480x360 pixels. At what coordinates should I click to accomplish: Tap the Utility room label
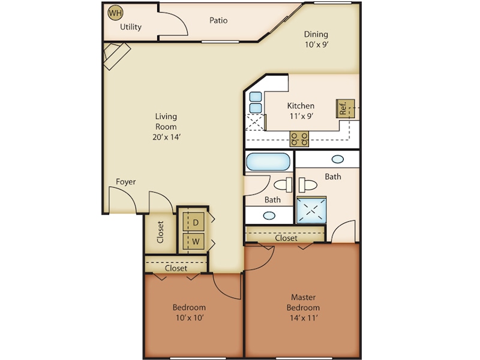(x=130, y=27)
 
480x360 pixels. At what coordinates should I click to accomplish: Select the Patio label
(x=218, y=20)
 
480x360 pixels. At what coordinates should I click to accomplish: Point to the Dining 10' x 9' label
(x=316, y=39)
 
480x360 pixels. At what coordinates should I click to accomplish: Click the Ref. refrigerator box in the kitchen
(x=345, y=109)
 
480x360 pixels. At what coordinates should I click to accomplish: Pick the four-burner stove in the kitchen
(x=299, y=139)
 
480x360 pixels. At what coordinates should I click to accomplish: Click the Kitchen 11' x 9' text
(x=301, y=111)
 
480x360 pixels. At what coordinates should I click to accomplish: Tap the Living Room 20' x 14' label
(x=166, y=126)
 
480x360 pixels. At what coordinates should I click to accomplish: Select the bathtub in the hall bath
(x=268, y=162)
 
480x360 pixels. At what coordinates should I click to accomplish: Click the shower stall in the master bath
(x=311, y=210)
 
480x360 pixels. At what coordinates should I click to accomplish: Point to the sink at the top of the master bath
(x=338, y=160)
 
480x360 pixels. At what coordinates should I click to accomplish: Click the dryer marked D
(x=196, y=222)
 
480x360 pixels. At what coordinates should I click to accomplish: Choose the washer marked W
(x=196, y=242)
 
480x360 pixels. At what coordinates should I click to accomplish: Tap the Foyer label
(x=126, y=182)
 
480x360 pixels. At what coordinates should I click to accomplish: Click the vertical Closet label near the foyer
(x=161, y=232)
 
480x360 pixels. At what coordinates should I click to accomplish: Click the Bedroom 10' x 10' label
(x=190, y=312)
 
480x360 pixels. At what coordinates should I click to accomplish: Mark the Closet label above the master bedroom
(x=286, y=238)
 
